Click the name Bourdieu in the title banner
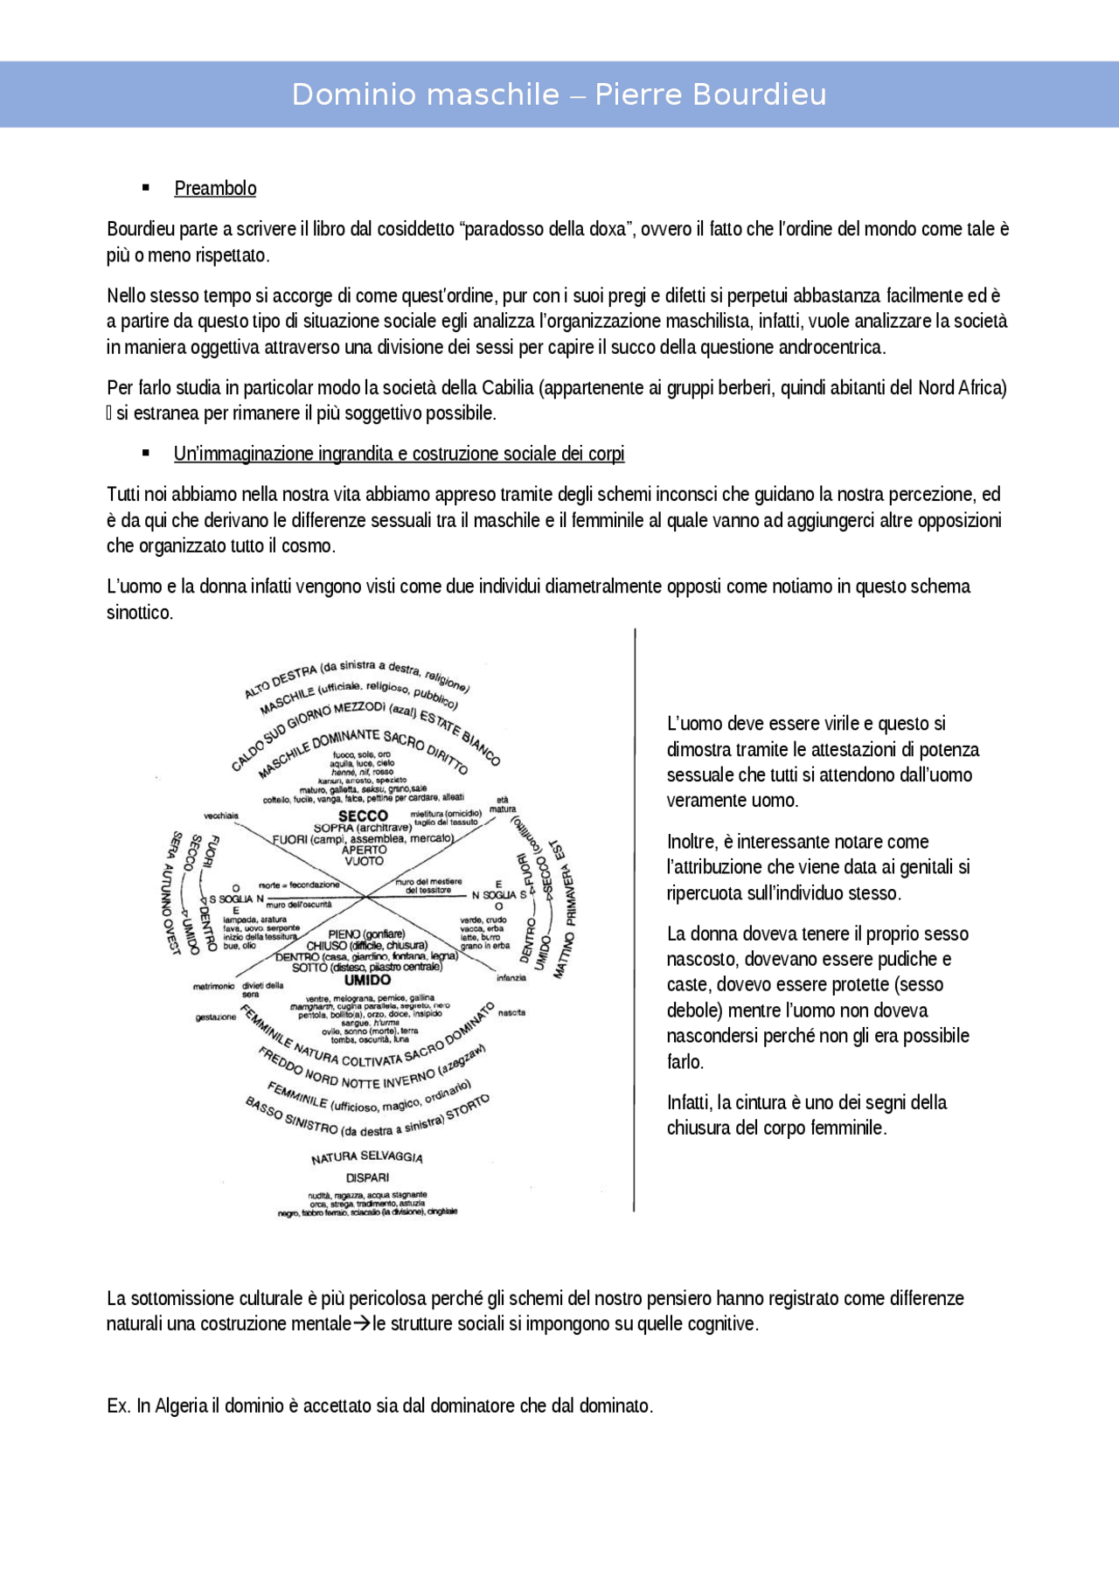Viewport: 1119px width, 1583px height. click(x=754, y=94)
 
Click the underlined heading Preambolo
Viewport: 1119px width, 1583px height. click(x=215, y=189)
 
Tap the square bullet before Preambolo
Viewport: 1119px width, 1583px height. click(x=146, y=188)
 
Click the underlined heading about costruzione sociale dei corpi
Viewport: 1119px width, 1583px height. click(x=399, y=454)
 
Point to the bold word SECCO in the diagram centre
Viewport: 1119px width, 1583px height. click(x=363, y=815)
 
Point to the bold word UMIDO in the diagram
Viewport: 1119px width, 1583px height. click(x=367, y=980)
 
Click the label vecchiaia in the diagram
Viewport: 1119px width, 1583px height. click(x=221, y=816)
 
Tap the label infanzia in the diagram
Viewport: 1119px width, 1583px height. click(x=511, y=977)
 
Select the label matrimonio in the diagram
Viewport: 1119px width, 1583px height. click(x=213, y=986)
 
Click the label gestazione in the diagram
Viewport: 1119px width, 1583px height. click(x=215, y=1017)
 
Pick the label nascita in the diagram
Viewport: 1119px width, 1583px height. click(x=511, y=1012)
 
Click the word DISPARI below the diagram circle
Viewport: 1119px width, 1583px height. click(x=367, y=1177)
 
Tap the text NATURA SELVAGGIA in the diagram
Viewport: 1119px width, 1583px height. click(x=367, y=1157)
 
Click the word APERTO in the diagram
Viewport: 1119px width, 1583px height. click(x=364, y=850)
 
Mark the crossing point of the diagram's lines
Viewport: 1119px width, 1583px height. click(x=365, y=897)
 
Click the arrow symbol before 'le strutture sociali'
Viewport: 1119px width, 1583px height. click(x=362, y=1324)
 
